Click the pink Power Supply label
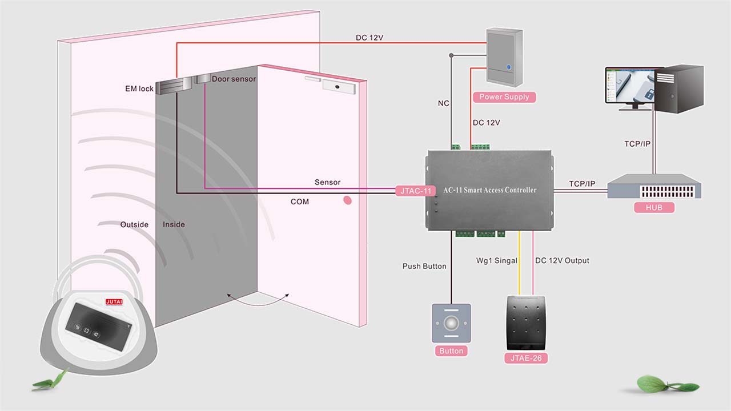pos(504,97)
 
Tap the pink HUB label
pos(654,208)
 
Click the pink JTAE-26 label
pos(526,358)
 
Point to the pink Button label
pos(451,351)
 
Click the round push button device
pos(451,323)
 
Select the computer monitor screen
pos(630,85)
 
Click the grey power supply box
pos(504,57)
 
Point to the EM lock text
pos(139,88)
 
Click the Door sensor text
pos(234,79)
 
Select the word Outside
pos(134,224)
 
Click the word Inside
pos(174,224)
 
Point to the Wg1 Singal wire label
pos(496,261)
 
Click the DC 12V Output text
pos(562,261)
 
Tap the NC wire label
pos(443,103)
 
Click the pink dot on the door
pos(347,200)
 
